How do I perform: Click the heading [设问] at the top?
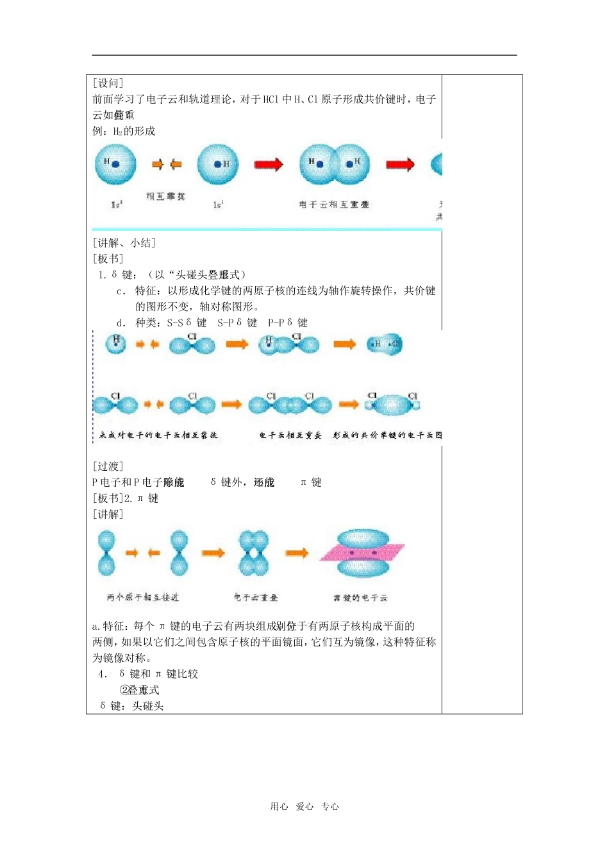108,83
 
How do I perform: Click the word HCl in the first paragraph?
271,99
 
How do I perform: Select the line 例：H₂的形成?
124,131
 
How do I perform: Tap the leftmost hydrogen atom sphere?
115,164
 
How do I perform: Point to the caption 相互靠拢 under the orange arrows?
165,196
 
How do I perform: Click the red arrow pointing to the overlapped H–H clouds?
268,164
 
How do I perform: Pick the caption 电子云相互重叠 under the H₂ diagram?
334,205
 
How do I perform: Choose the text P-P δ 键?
288,323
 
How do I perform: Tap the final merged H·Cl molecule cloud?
385,344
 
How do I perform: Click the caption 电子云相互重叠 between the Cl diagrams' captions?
290,435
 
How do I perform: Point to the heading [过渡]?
108,466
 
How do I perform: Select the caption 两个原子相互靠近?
142,598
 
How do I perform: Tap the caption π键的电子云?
360,598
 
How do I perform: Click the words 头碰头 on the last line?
148,706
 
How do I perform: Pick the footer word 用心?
279,807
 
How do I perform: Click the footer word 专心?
330,807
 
